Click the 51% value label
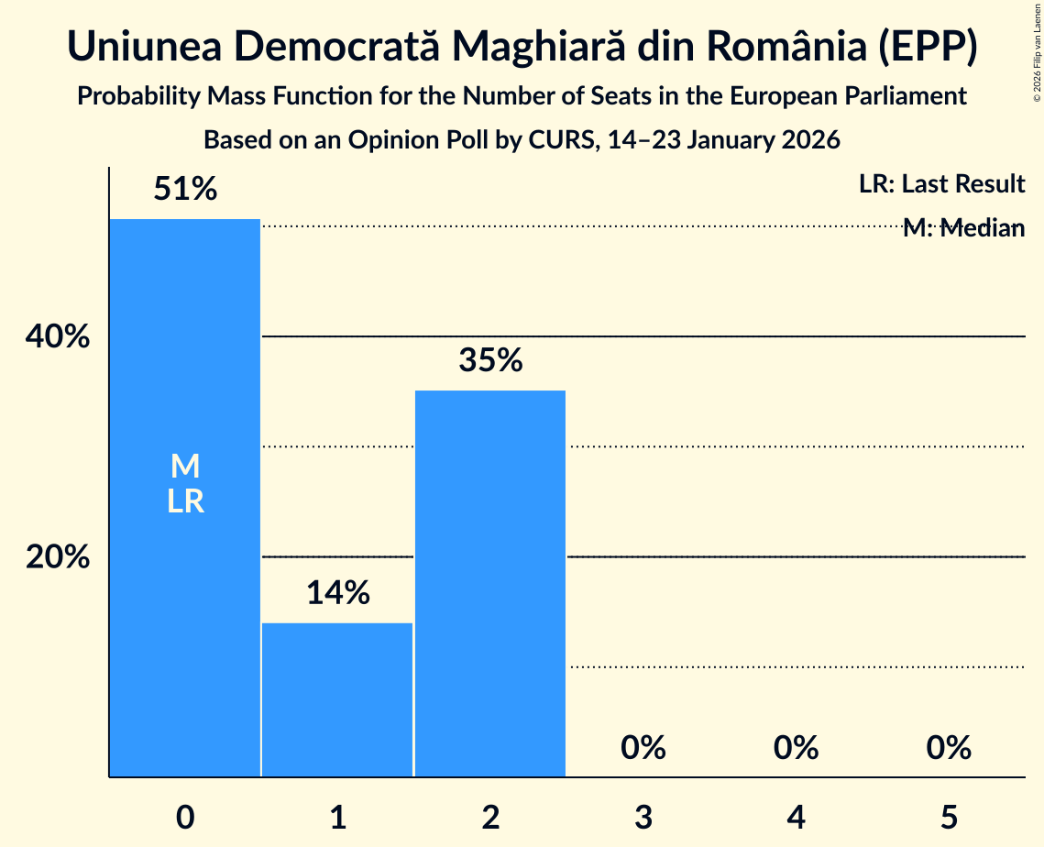click(185, 190)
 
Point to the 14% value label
click(337, 593)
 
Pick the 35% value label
click(490, 360)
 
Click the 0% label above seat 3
click(643, 748)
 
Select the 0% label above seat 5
click(949, 748)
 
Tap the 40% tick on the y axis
click(58, 337)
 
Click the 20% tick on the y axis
click(58, 556)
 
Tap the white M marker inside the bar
click(185, 467)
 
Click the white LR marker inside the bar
click(185, 501)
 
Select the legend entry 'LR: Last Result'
click(941, 184)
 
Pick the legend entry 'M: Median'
click(963, 228)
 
